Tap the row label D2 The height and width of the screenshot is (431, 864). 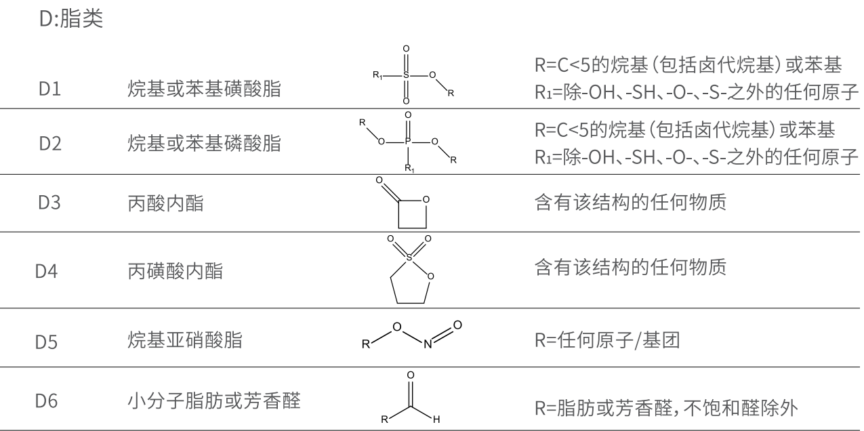[52, 144]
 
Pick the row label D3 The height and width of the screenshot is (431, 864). [52, 203]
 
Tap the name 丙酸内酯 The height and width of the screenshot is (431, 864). [165, 203]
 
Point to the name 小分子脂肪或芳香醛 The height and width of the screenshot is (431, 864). [212, 403]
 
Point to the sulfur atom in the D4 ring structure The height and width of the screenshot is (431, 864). [408, 258]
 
